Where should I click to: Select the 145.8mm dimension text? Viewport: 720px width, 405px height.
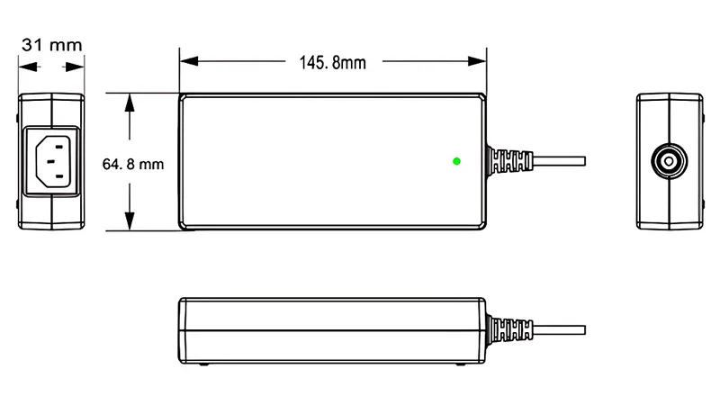[x=332, y=62]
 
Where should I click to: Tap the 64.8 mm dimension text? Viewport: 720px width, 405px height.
[x=133, y=164]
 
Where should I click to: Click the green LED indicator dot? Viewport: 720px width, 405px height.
[x=457, y=161]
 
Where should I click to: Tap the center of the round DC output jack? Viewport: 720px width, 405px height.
[x=669, y=162]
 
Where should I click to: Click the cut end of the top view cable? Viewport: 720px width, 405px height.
[x=585, y=162]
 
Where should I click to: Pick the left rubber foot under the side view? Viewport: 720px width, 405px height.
[x=204, y=364]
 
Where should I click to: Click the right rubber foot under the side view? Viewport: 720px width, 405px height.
[x=461, y=364]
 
